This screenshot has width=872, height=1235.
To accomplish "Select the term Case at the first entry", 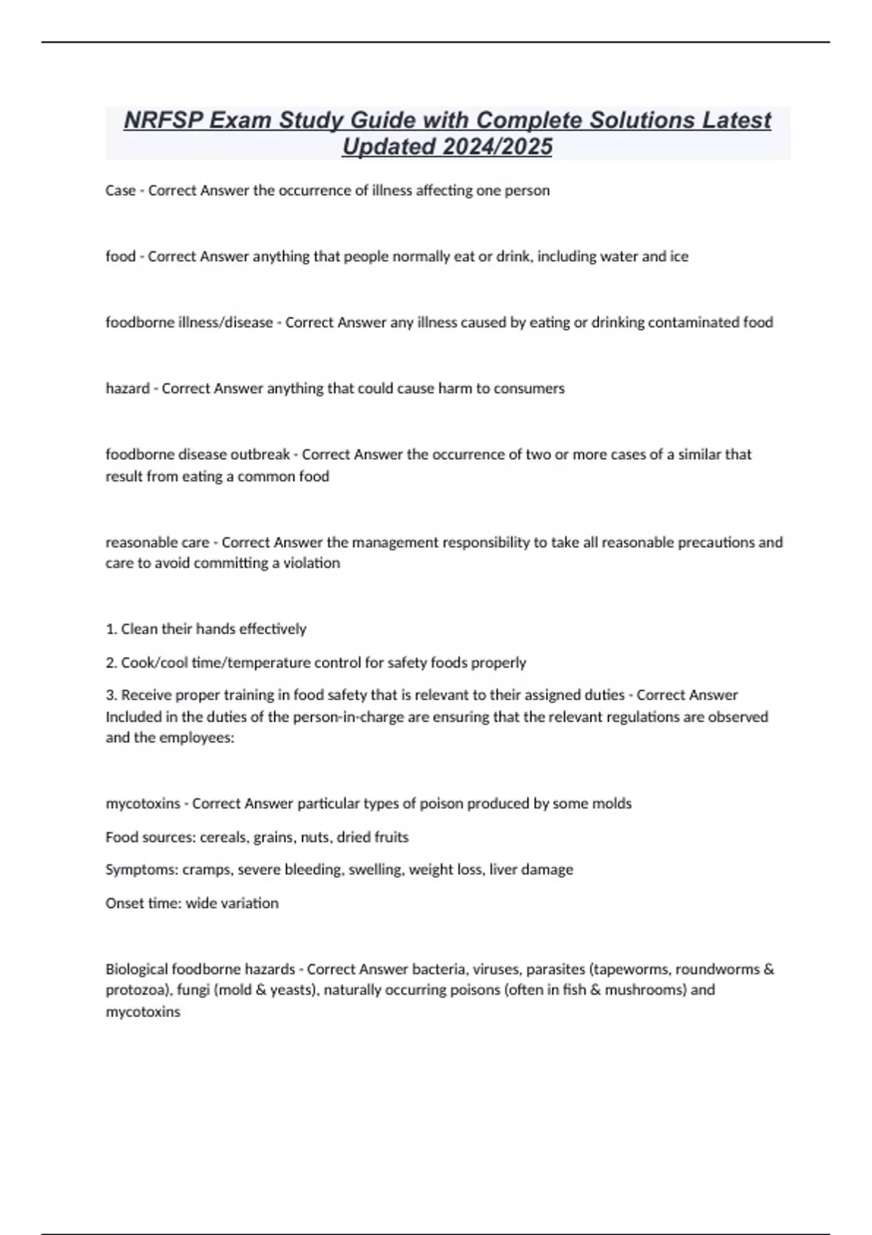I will pyautogui.click(x=120, y=190).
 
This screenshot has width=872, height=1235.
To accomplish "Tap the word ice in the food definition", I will pyautogui.click(x=679, y=256).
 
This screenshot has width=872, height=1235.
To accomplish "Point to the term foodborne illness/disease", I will pyautogui.click(x=189, y=323).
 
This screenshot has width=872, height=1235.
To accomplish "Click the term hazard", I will pyautogui.click(x=127, y=389).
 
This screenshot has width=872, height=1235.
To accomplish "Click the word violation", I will pyautogui.click(x=312, y=563).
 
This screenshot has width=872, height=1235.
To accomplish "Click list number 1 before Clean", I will pyautogui.click(x=111, y=629).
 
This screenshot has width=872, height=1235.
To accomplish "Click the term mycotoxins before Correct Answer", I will pyautogui.click(x=142, y=803).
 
